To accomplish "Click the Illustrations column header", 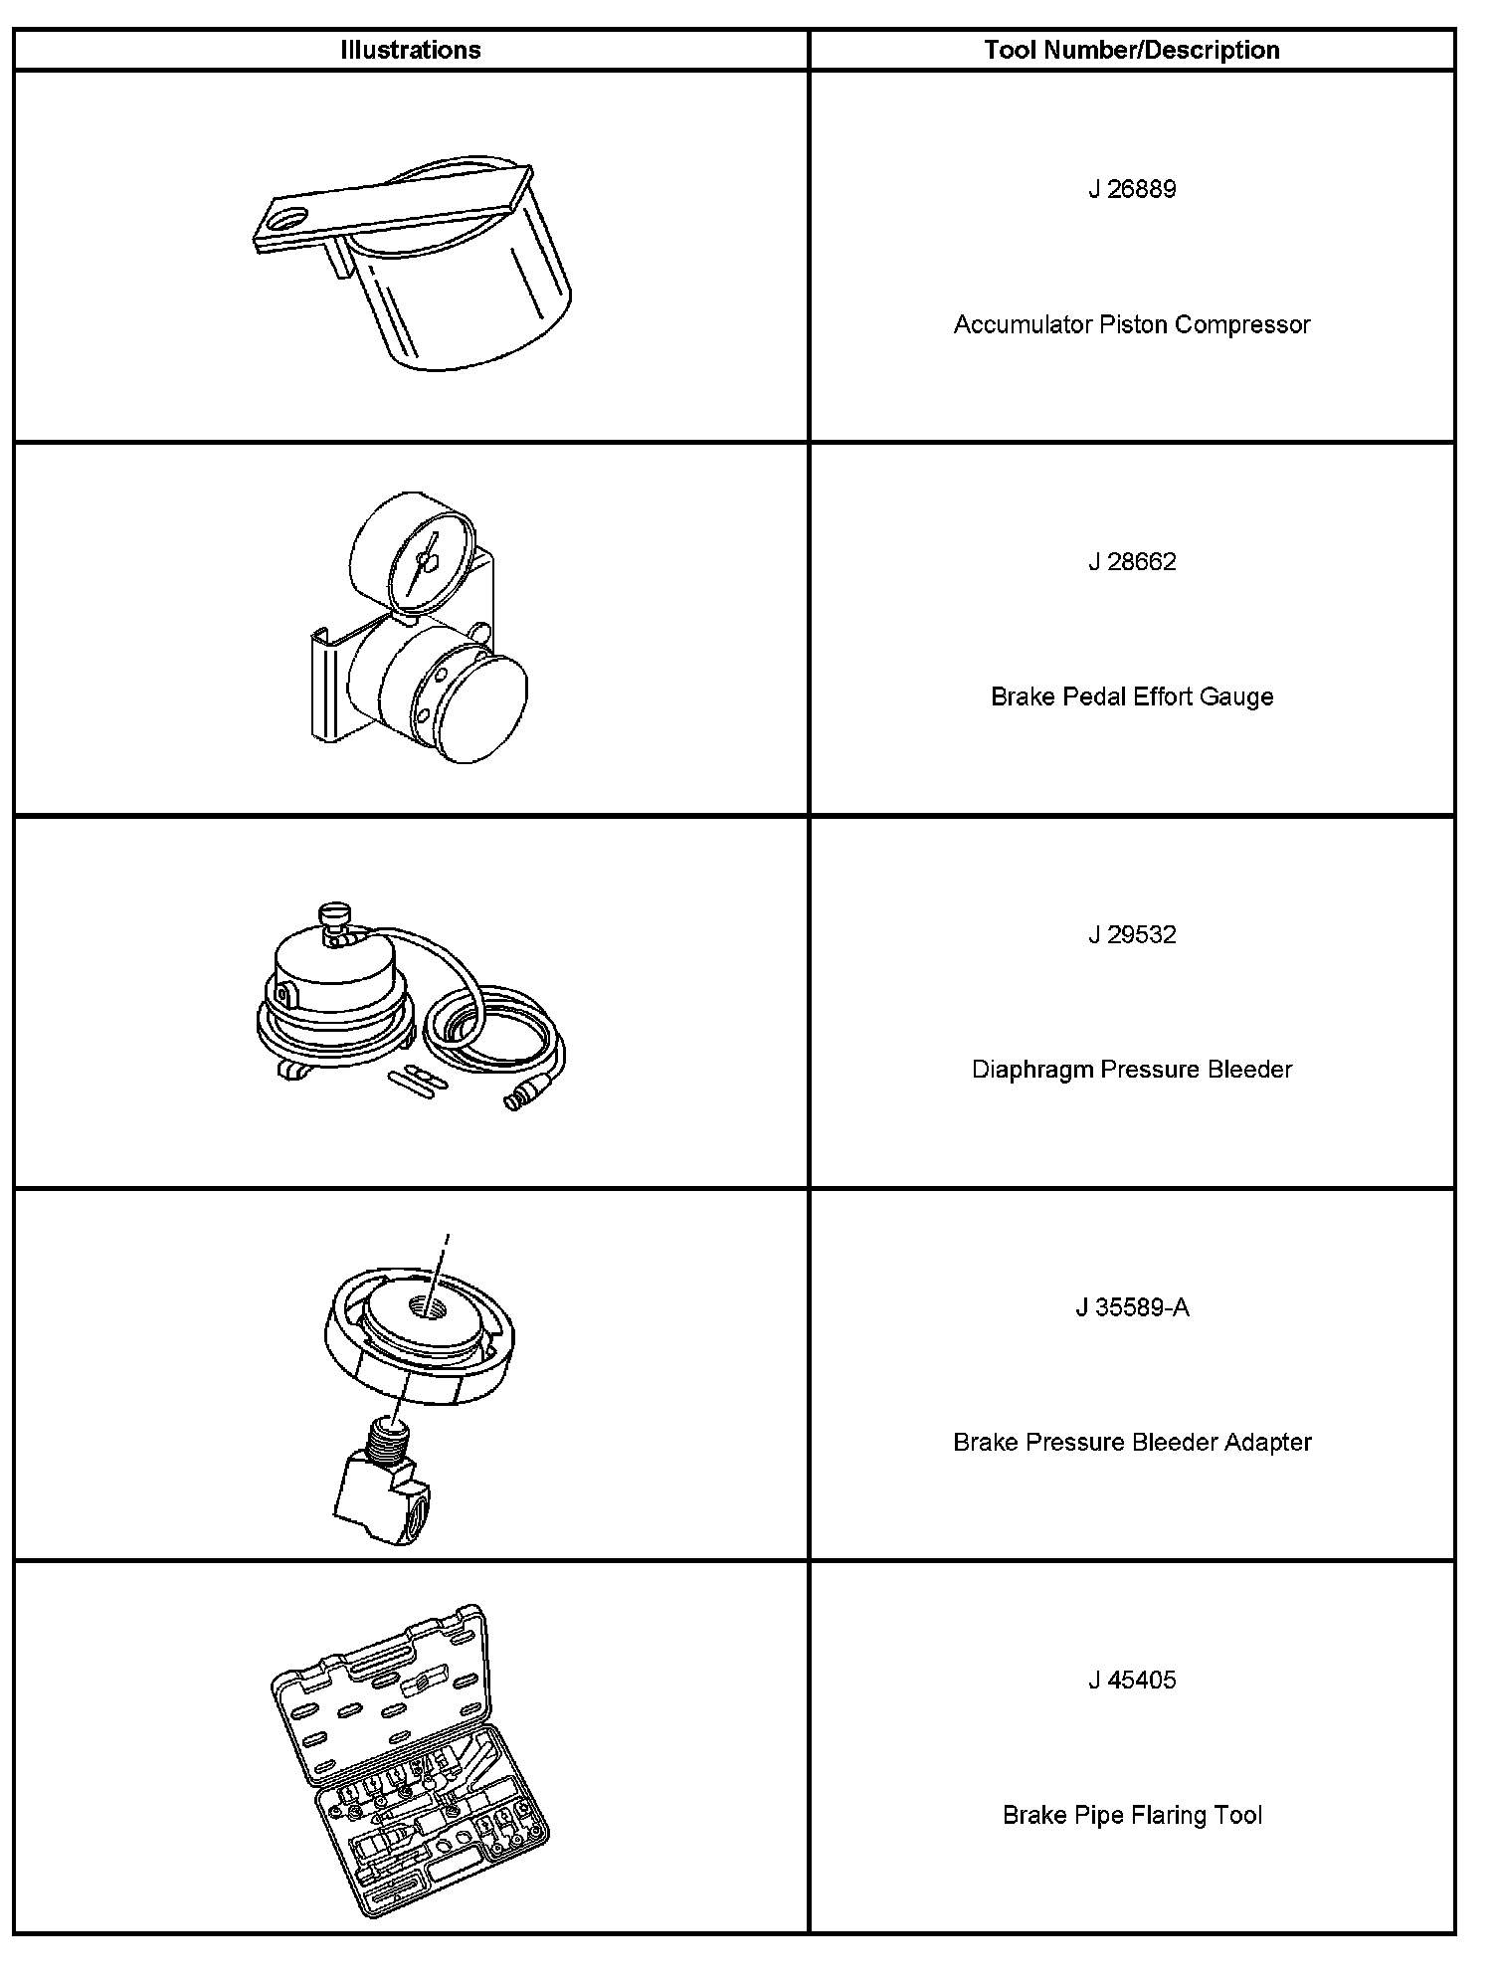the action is coord(410,50).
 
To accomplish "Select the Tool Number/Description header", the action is coord(1131,50).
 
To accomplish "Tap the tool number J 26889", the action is coord(1131,189).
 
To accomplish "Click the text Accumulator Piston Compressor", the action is coord(1131,324).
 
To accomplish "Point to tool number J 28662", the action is coord(1131,562).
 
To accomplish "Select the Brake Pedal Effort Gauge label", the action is coord(1131,696).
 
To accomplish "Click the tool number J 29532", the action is coord(1131,935).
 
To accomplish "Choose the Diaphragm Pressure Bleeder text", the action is coord(1131,1070).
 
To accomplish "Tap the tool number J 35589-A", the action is coord(1131,1307).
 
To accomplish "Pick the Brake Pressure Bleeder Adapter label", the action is coord(1131,1442).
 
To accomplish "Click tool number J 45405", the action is coord(1131,1681).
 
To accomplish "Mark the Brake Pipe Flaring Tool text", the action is coord(1131,1815).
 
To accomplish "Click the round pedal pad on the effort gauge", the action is coord(483,709).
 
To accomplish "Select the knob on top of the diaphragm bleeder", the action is coord(332,912).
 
